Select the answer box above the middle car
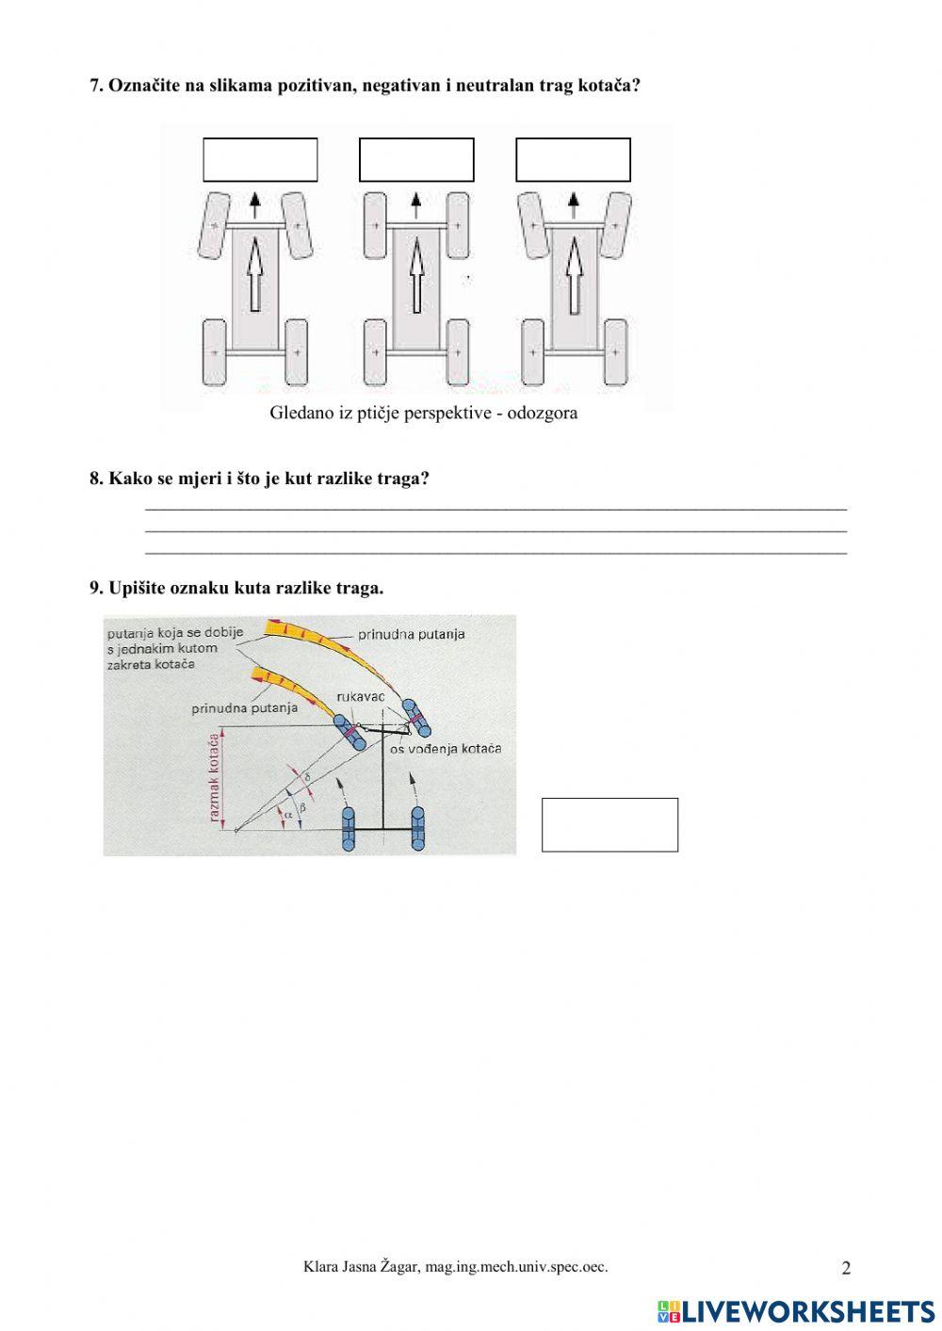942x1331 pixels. [x=416, y=160]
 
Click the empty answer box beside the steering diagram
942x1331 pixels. [x=609, y=825]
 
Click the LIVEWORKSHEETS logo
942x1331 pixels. [x=796, y=1311]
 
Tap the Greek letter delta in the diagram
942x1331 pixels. [x=307, y=776]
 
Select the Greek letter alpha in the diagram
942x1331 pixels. [x=288, y=815]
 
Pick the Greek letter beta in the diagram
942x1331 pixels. [x=302, y=808]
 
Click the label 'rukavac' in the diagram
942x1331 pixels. [x=361, y=696]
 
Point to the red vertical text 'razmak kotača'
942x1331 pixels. [x=214, y=778]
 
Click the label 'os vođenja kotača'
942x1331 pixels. [x=446, y=749]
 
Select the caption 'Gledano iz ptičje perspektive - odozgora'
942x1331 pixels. [x=424, y=413]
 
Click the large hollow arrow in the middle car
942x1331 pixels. [x=416, y=274]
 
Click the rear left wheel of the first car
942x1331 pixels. [x=215, y=352]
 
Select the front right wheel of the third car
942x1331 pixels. [x=615, y=225]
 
